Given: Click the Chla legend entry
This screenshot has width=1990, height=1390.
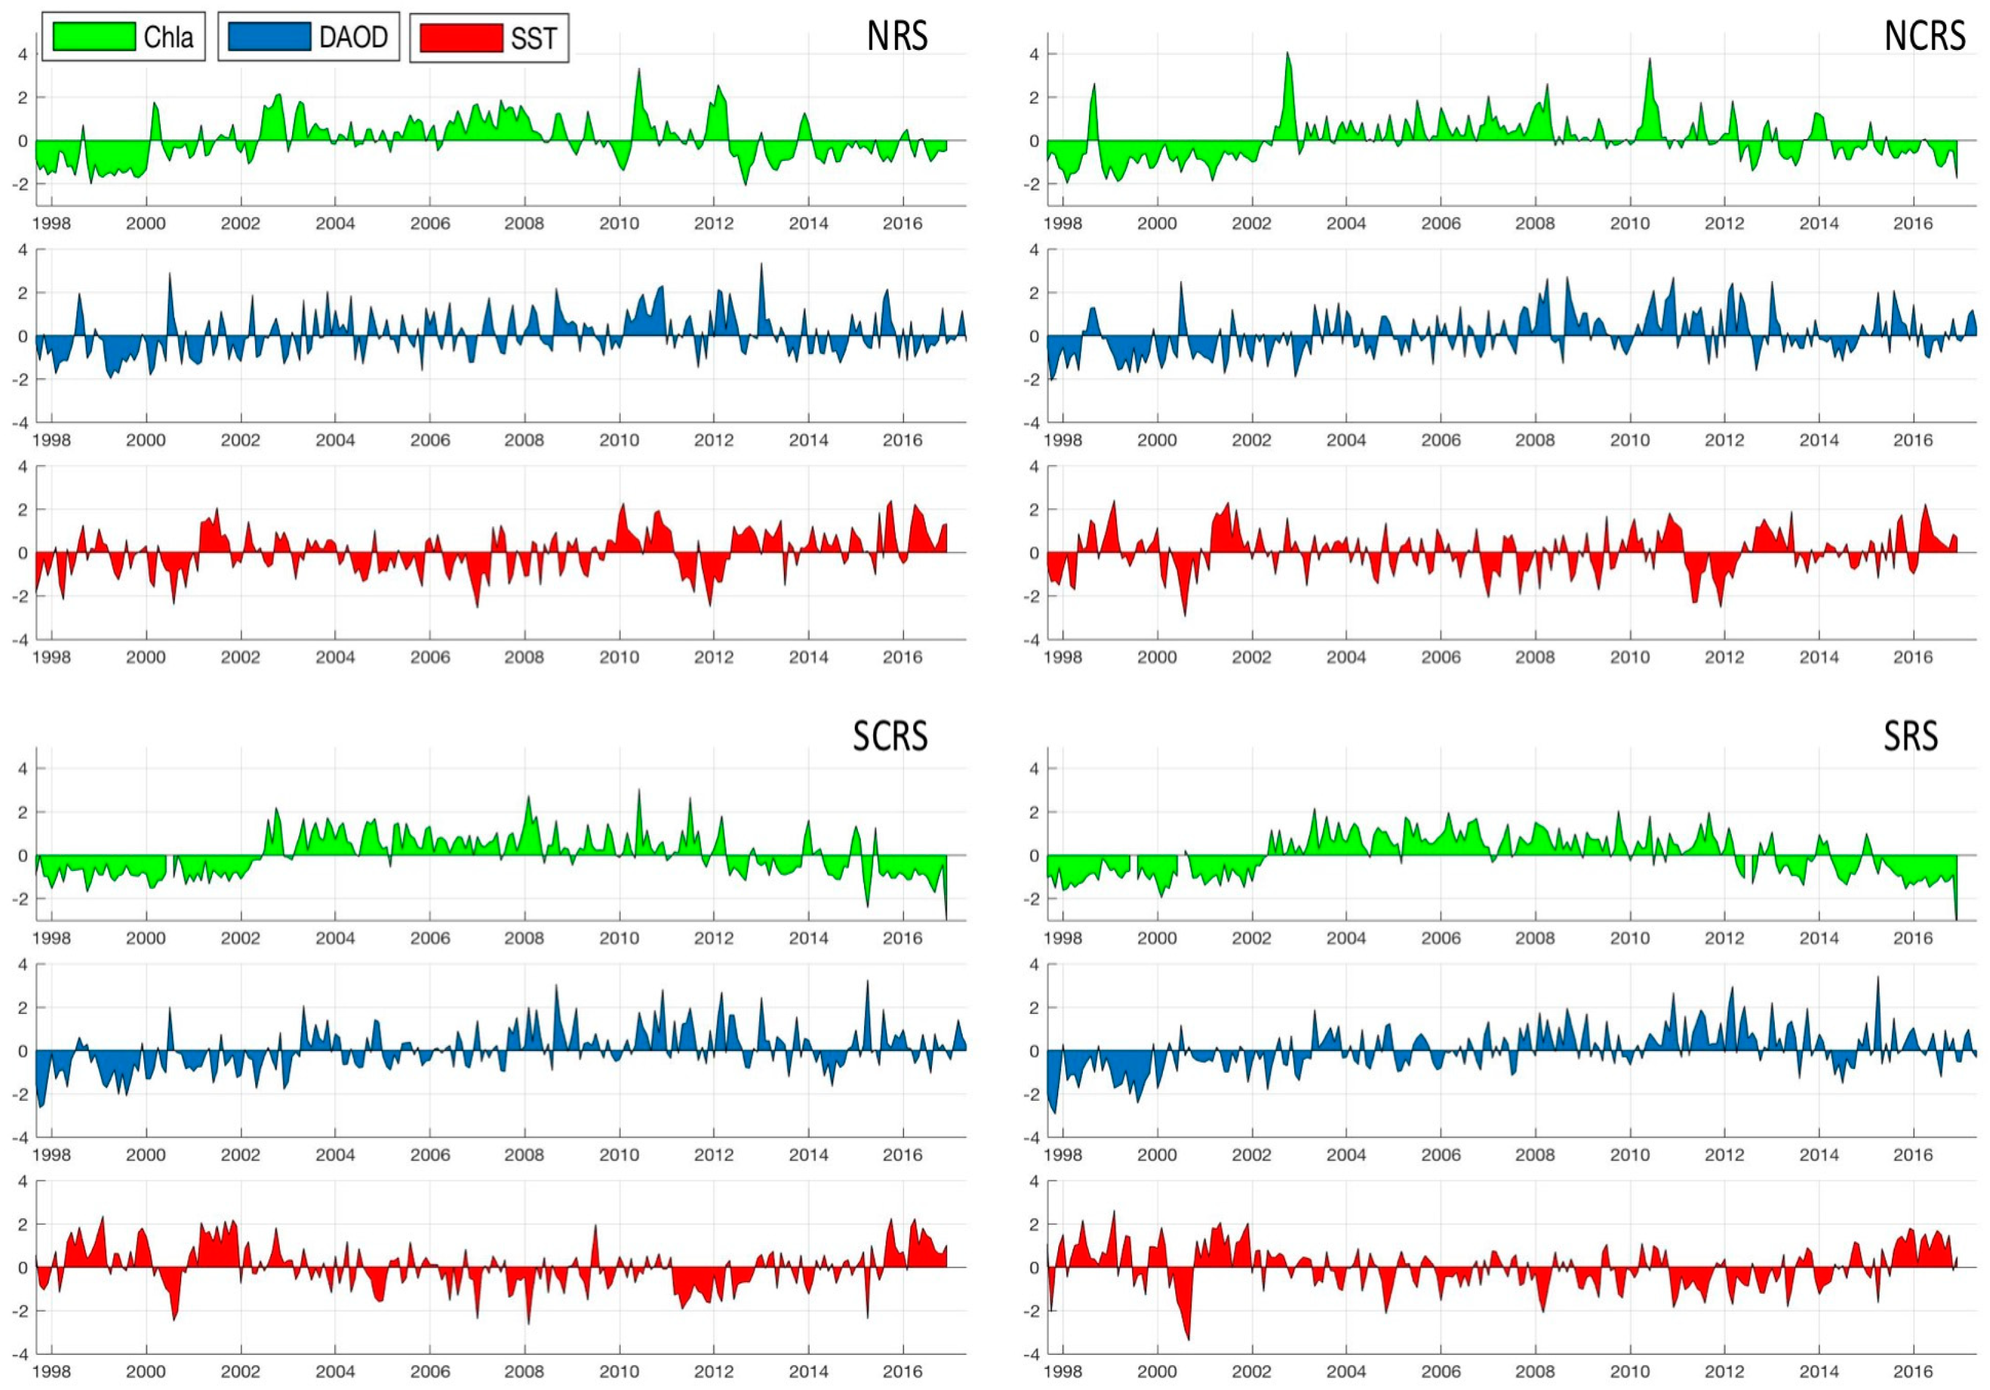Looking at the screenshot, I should pyautogui.click(x=123, y=37).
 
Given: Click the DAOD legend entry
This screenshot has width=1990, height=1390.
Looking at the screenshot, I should pyautogui.click(x=309, y=37).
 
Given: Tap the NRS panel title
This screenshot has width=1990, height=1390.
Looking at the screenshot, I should pyautogui.click(x=897, y=36).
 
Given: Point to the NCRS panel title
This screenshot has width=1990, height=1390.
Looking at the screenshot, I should pyautogui.click(x=1924, y=36).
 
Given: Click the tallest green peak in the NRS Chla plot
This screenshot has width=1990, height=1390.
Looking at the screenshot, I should pyautogui.click(x=638, y=71).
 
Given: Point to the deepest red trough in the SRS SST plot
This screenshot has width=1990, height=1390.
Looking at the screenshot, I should pyautogui.click(x=1188, y=1338).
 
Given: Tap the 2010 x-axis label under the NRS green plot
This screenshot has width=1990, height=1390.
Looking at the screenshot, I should pyautogui.click(x=619, y=224).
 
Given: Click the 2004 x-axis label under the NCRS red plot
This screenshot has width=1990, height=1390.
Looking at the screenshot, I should pyautogui.click(x=1346, y=657).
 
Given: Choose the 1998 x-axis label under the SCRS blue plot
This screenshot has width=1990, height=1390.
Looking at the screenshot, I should pyautogui.click(x=51, y=1155).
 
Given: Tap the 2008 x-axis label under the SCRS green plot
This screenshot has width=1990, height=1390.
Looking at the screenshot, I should pyautogui.click(x=524, y=938).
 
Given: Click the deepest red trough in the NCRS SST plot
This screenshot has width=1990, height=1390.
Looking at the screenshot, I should pyautogui.click(x=1185, y=615).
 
